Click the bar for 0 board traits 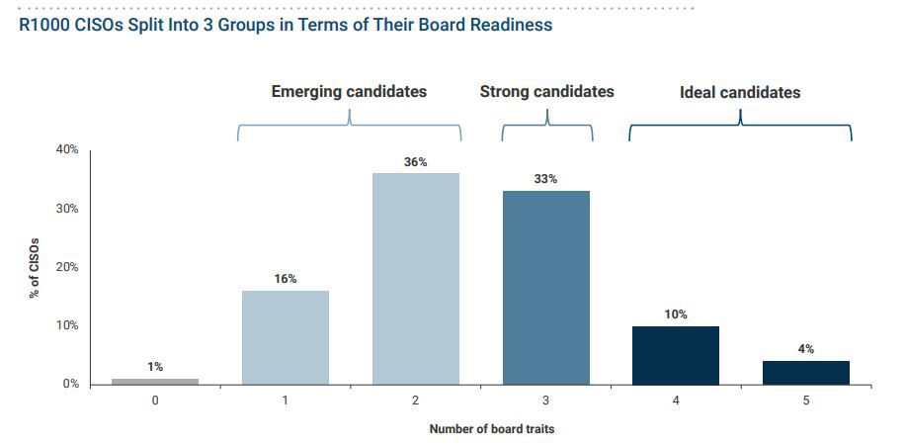click(x=155, y=381)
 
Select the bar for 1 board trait click(x=286, y=337)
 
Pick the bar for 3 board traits click(x=546, y=287)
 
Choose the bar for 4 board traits click(x=676, y=355)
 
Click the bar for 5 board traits click(x=806, y=373)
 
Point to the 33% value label click(x=546, y=179)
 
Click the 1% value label click(x=155, y=367)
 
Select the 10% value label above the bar click(x=676, y=314)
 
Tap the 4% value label click(x=806, y=349)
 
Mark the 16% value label click(x=286, y=279)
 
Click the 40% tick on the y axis click(x=66, y=150)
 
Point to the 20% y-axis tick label click(x=66, y=267)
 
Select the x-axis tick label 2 click(x=416, y=401)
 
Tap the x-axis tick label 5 click(x=806, y=401)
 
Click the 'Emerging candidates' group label click(x=349, y=92)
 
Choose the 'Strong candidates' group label click(x=546, y=92)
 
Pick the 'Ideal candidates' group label click(x=740, y=93)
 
